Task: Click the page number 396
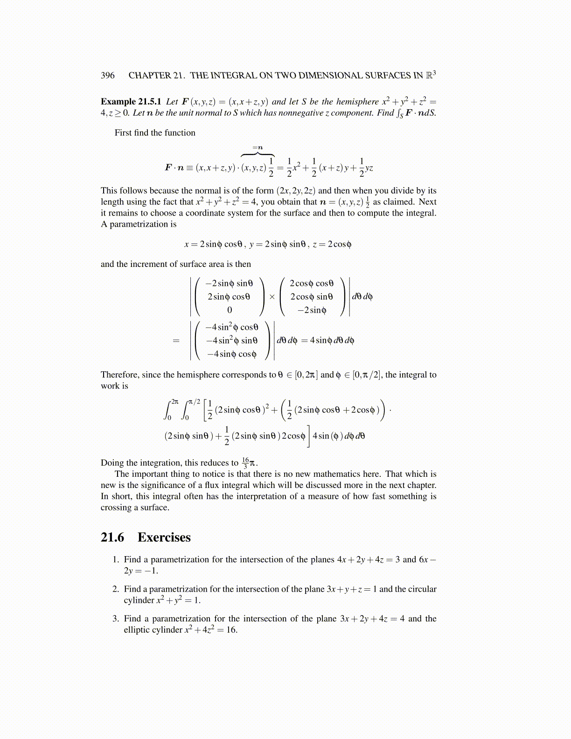click(107, 76)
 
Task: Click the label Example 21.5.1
click(131, 102)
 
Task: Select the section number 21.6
click(112, 537)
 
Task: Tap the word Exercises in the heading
click(164, 537)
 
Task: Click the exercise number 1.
click(115, 560)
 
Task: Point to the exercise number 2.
click(115, 589)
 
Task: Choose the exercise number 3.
click(115, 619)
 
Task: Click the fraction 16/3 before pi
click(245, 463)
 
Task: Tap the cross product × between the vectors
click(272, 297)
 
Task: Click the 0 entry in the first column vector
click(229, 310)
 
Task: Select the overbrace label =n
click(258, 147)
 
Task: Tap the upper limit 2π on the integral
click(174, 401)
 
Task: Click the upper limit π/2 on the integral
click(194, 401)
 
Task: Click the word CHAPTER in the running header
click(149, 76)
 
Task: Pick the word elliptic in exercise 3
click(139, 630)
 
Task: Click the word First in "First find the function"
click(123, 133)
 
